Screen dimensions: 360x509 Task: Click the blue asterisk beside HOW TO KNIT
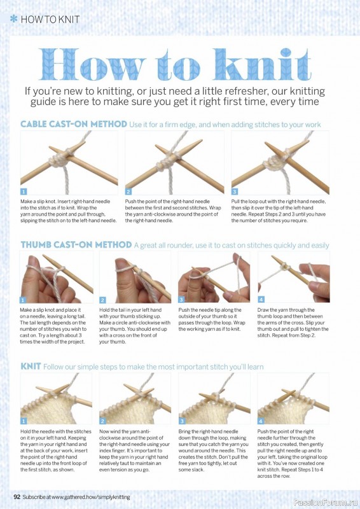click(x=13, y=19)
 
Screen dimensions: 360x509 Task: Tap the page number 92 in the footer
click(x=17, y=497)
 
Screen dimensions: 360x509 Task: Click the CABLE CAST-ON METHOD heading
click(x=74, y=124)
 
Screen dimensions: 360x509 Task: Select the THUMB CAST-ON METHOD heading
click(x=76, y=245)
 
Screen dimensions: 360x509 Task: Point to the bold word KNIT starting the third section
click(x=31, y=366)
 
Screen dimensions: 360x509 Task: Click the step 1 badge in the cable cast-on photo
click(x=24, y=192)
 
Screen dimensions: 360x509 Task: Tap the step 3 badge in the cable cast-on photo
click(x=234, y=192)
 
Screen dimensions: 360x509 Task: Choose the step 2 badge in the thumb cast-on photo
click(x=102, y=300)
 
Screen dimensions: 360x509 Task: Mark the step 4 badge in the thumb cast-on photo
click(x=261, y=299)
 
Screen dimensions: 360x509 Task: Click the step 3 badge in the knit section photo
click(x=182, y=421)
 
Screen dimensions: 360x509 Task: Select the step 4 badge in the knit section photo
click(x=261, y=421)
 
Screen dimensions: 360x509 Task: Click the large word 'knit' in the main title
click(x=262, y=64)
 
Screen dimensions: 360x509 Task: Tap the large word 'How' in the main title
click(x=92, y=64)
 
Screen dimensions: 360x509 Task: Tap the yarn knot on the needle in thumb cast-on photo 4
click(x=286, y=267)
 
